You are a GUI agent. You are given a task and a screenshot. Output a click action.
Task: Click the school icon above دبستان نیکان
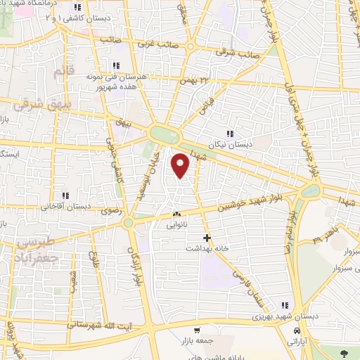coord(229,134)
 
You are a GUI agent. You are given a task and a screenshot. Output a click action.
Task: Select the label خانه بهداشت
coord(204,248)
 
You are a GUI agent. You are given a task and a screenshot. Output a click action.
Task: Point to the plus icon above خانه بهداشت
coord(207,238)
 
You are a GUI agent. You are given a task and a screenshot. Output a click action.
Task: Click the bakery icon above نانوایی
coord(176,214)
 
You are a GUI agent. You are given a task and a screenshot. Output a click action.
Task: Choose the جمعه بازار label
coord(199,340)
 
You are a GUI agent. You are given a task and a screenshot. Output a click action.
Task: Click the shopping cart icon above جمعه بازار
coord(198,330)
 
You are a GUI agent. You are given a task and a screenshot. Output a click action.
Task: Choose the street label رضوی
coord(112,210)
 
